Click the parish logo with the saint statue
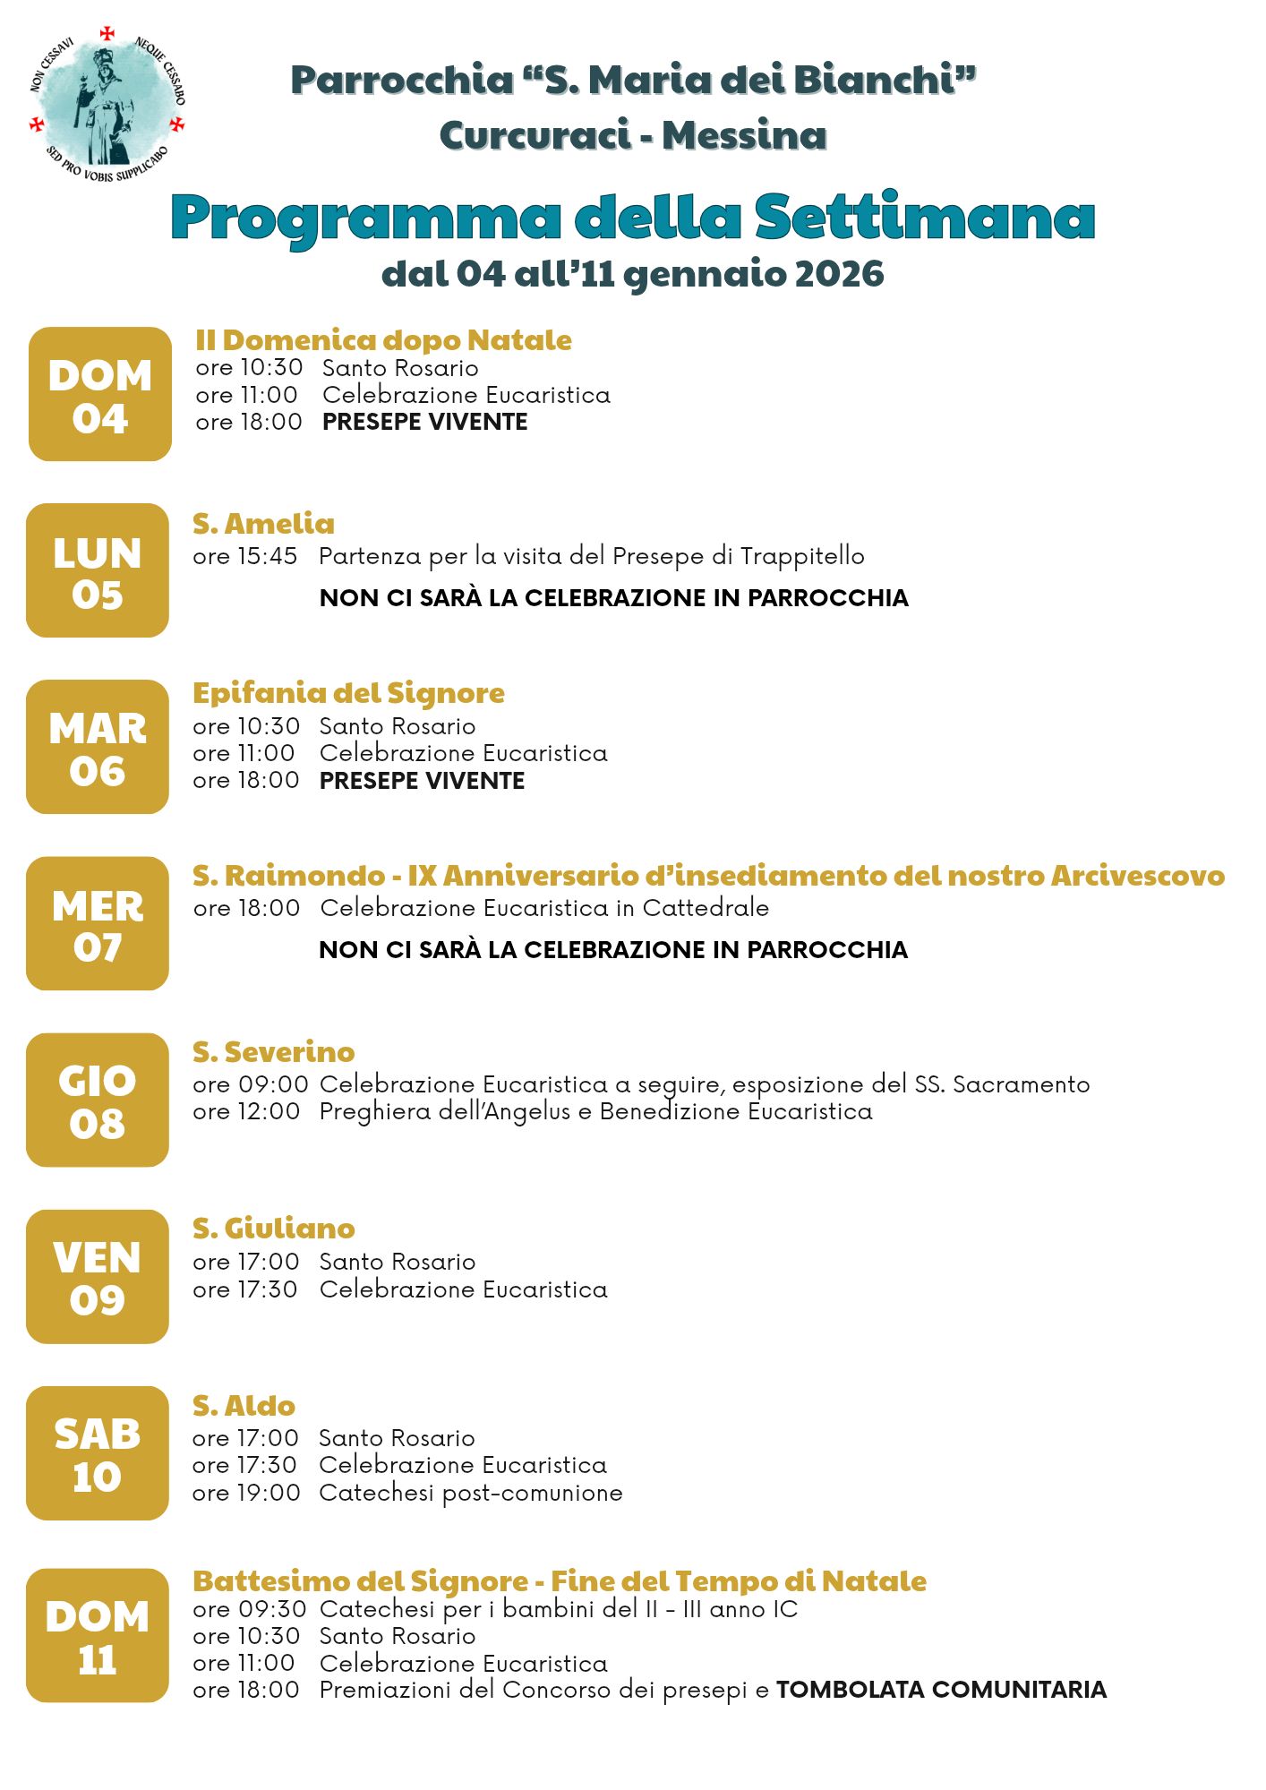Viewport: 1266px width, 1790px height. point(107,103)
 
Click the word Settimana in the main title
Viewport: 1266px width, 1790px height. point(925,218)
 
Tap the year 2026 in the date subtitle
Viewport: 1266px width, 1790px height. point(839,274)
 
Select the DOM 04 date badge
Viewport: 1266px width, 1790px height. point(100,395)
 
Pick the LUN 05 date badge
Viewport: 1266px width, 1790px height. point(98,570)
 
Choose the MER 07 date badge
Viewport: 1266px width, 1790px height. point(98,924)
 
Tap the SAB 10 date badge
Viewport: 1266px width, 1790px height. point(98,1454)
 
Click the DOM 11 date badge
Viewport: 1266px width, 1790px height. point(98,1636)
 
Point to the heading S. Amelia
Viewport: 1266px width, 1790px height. point(263,524)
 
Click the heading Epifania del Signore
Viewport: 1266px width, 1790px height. point(348,693)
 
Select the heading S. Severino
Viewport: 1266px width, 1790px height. point(273,1052)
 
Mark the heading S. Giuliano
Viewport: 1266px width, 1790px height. point(273,1229)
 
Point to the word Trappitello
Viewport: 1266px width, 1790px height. point(802,556)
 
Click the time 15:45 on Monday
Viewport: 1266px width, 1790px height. point(267,556)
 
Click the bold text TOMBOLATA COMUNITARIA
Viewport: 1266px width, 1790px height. point(941,1690)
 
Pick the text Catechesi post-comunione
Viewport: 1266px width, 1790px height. point(470,1493)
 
